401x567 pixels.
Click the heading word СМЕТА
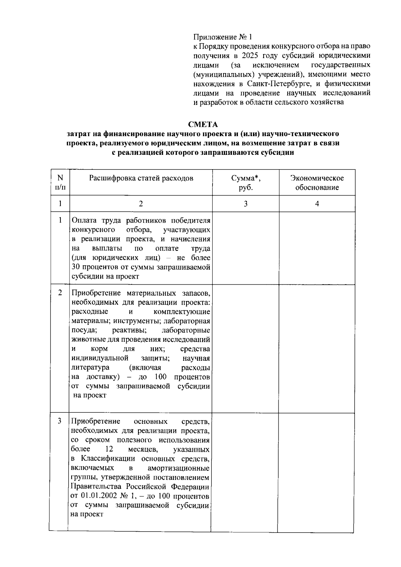[x=203, y=124]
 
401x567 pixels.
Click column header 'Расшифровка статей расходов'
[x=141, y=178]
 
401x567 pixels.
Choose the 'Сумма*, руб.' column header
[x=246, y=182]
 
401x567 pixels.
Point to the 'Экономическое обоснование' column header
[x=317, y=182]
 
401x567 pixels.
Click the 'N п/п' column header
[x=60, y=182]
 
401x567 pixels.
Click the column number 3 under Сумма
[x=246, y=204]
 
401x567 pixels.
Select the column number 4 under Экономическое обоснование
[x=317, y=204]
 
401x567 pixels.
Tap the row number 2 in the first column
[x=60, y=293]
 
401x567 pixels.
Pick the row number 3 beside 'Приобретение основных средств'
[x=60, y=421]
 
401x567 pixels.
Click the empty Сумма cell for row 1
[x=246, y=248]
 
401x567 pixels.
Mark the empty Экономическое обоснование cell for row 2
[x=317, y=348]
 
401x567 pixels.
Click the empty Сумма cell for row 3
[x=245, y=472]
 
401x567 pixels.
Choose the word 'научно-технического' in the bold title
[x=301, y=134]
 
